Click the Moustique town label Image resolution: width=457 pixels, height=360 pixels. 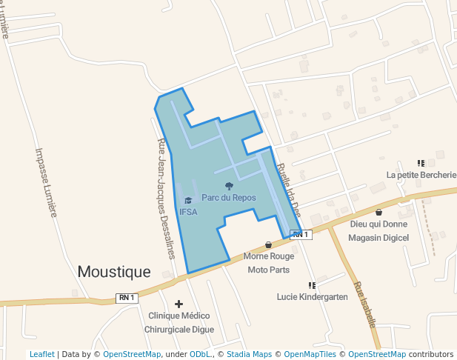[x=114, y=272]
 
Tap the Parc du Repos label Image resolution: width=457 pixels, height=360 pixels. [x=229, y=198]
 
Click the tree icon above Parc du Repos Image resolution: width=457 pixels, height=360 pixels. [x=229, y=186]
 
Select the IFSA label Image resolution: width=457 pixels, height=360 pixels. [x=188, y=212]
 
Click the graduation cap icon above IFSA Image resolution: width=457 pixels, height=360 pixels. [x=188, y=201]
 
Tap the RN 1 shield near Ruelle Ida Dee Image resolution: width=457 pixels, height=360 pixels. [x=299, y=234]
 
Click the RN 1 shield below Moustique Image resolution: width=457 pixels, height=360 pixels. [x=127, y=297]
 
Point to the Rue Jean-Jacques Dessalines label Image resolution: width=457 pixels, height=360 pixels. [x=166, y=200]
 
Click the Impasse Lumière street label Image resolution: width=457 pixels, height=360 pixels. [x=46, y=181]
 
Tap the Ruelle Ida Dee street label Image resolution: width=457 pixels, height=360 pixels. [x=287, y=189]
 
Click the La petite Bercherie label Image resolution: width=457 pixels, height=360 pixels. [x=421, y=175]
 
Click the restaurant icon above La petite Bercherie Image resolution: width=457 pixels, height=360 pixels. [x=421, y=163]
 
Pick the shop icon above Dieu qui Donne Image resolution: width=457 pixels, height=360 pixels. [x=379, y=213]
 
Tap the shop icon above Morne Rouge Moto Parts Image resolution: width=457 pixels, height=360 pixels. [x=268, y=245]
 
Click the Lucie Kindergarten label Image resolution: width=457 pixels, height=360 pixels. [x=312, y=296]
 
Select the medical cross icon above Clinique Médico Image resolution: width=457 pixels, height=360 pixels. [x=179, y=304]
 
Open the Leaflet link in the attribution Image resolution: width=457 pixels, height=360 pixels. [x=41, y=354]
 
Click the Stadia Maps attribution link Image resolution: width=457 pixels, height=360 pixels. [x=249, y=354]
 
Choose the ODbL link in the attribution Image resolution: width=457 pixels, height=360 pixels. [x=200, y=354]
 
